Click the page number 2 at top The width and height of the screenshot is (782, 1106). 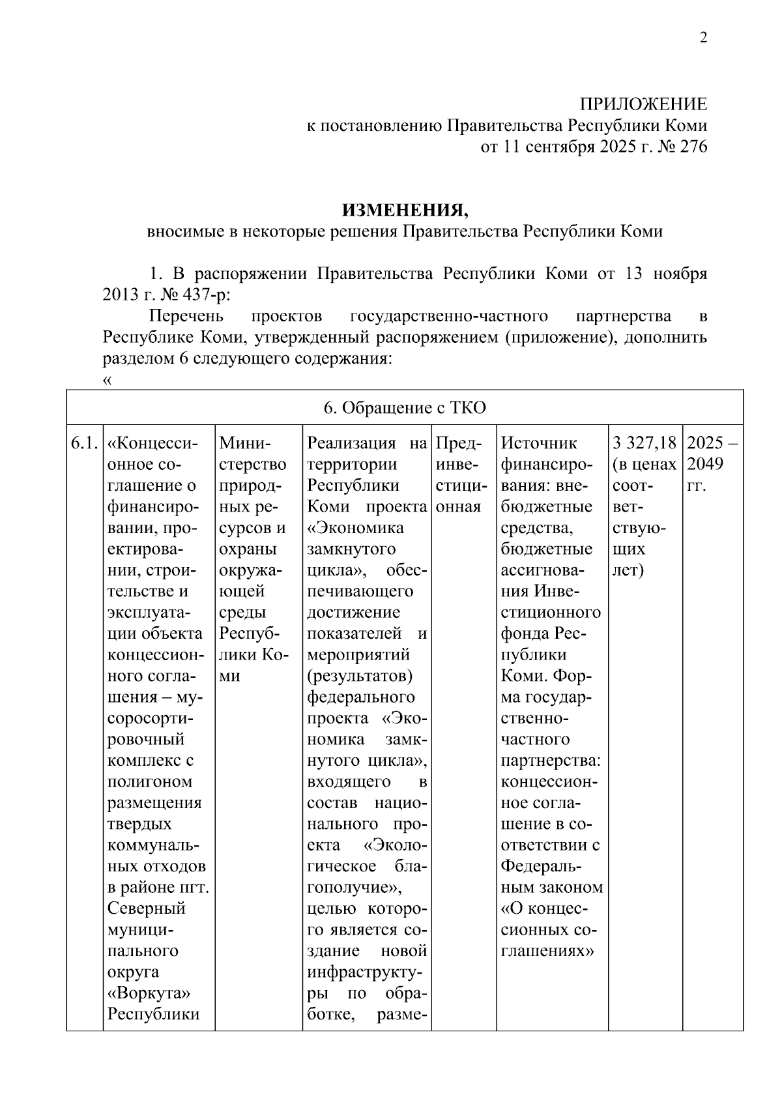[702, 38]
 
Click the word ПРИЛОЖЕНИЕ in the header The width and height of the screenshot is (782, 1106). [643, 104]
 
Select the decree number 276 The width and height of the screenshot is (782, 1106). [693, 147]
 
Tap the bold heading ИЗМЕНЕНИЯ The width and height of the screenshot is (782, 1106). [405, 211]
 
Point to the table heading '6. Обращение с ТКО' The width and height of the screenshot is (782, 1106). [405, 408]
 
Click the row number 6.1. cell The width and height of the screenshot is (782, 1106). [84, 444]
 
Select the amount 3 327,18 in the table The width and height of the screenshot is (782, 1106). [644, 444]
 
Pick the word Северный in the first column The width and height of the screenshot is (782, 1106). [147, 909]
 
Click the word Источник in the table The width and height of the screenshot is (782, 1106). [539, 444]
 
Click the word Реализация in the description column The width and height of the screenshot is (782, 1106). [351, 444]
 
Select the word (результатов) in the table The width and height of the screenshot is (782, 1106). [359, 676]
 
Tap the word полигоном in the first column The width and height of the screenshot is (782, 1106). [149, 781]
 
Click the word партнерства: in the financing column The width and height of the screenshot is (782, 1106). [551, 761]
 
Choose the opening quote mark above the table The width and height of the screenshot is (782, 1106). [108, 381]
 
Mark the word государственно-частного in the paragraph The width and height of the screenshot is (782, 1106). [449, 317]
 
